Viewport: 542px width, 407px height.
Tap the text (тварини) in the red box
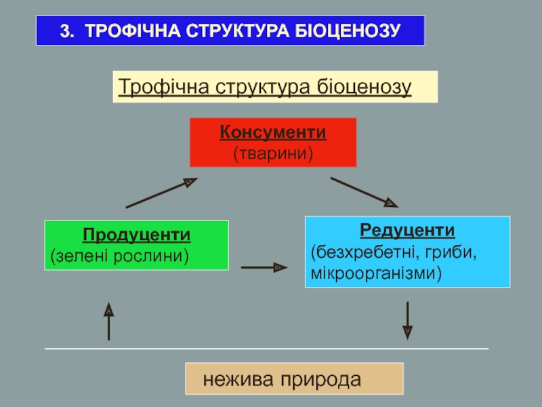pyautogui.click(x=273, y=154)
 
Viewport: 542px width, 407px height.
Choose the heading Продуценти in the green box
pyautogui.click(x=137, y=235)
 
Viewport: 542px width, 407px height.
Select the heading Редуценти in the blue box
pyautogui.click(x=407, y=230)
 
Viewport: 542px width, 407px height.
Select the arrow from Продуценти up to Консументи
pyautogui.click(x=161, y=193)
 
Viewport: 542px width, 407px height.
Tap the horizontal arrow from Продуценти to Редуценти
pyautogui.click(x=264, y=268)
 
